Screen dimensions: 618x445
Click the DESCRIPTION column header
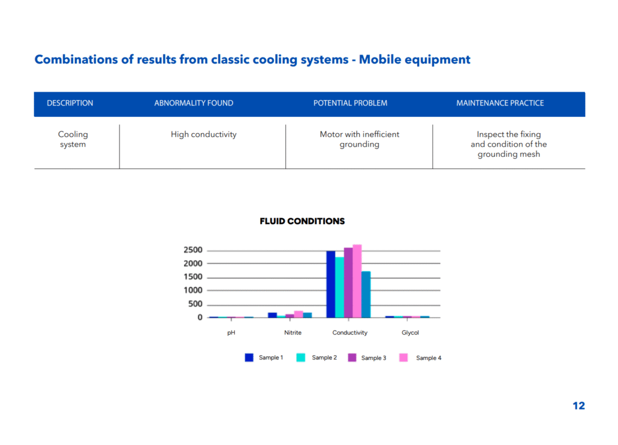click(70, 103)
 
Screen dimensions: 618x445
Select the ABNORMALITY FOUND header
click(194, 103)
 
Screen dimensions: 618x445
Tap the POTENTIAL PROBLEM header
click(350, 103)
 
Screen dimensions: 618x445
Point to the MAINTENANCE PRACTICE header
click(500, 103)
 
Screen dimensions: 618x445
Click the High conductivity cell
click(203, 134)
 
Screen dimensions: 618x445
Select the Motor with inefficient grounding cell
click(359, 139)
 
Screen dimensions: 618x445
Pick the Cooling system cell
click(73, 139)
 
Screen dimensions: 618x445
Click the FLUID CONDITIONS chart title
click(302, 221)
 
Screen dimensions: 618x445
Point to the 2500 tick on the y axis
click(193, 250)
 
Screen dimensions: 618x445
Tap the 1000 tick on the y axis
click(193, 290)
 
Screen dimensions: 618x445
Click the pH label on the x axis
click(231, 333)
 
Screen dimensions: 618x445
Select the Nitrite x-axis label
click(293, 332)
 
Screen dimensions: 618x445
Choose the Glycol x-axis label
click(410, 333)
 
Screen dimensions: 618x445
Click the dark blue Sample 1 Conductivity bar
click(331, 284)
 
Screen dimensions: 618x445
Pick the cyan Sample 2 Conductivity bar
click(340, 287)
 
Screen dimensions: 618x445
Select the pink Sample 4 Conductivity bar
click(357, 281)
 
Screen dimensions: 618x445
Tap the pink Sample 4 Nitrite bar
click(299, 314)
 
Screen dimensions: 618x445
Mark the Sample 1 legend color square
click(249, 358)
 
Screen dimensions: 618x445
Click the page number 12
click(579, 406)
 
